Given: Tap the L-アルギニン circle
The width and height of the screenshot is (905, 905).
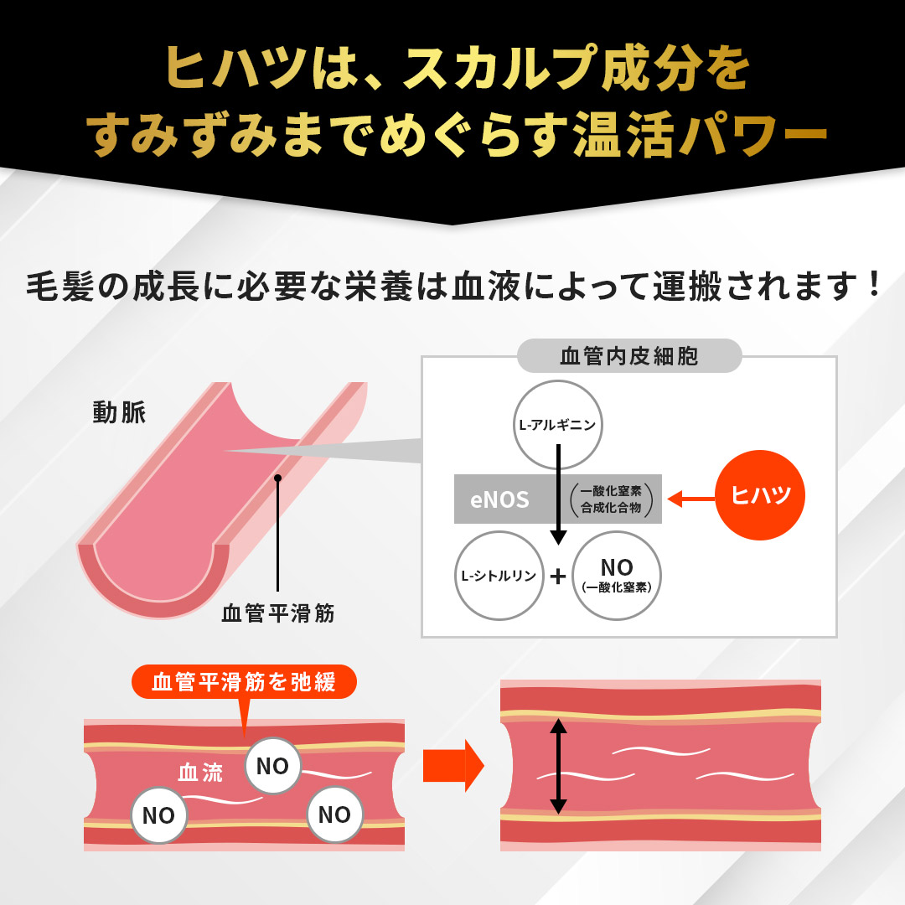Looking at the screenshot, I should point(558,425).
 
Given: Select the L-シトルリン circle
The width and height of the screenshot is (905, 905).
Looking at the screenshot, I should point(499,576).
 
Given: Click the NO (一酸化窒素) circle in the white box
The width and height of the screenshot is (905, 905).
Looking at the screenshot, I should point(617,576).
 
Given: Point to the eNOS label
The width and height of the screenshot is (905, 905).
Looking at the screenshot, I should point(500,500).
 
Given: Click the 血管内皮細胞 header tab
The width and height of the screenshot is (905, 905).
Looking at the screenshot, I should point(629,356).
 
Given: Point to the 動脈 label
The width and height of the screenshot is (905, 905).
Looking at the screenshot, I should point(120,413).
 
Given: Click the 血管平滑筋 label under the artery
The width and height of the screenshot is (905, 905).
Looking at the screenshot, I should point(278,613).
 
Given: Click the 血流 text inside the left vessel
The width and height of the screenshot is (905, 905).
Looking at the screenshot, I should point(201,773).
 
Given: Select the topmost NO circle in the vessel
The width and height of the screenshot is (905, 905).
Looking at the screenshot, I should point(272,766).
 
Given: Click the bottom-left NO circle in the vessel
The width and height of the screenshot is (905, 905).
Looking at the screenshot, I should point(158,815).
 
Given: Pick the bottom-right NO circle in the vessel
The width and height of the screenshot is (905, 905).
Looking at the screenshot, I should point(334,814).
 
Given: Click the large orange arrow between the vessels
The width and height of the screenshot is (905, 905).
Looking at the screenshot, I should point(453,764).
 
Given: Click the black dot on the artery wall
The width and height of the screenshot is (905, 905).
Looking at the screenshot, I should point(277,478).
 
